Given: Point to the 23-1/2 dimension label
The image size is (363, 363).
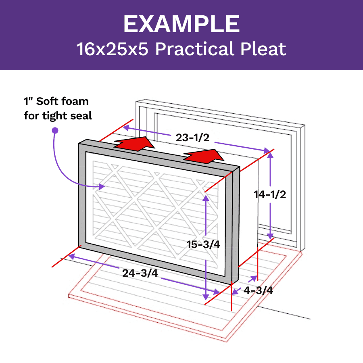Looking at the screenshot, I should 193,138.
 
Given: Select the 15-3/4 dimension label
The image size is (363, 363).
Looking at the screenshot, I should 203,245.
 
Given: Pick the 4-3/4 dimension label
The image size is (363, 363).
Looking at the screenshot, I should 258,290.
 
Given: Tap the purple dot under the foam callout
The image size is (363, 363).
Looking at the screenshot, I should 55,130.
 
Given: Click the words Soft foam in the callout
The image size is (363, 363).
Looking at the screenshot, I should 67,101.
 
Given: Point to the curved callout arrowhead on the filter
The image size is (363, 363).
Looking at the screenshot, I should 101,186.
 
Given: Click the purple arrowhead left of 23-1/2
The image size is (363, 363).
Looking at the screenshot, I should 126,128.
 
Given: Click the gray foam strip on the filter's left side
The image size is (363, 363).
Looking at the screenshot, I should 82,194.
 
